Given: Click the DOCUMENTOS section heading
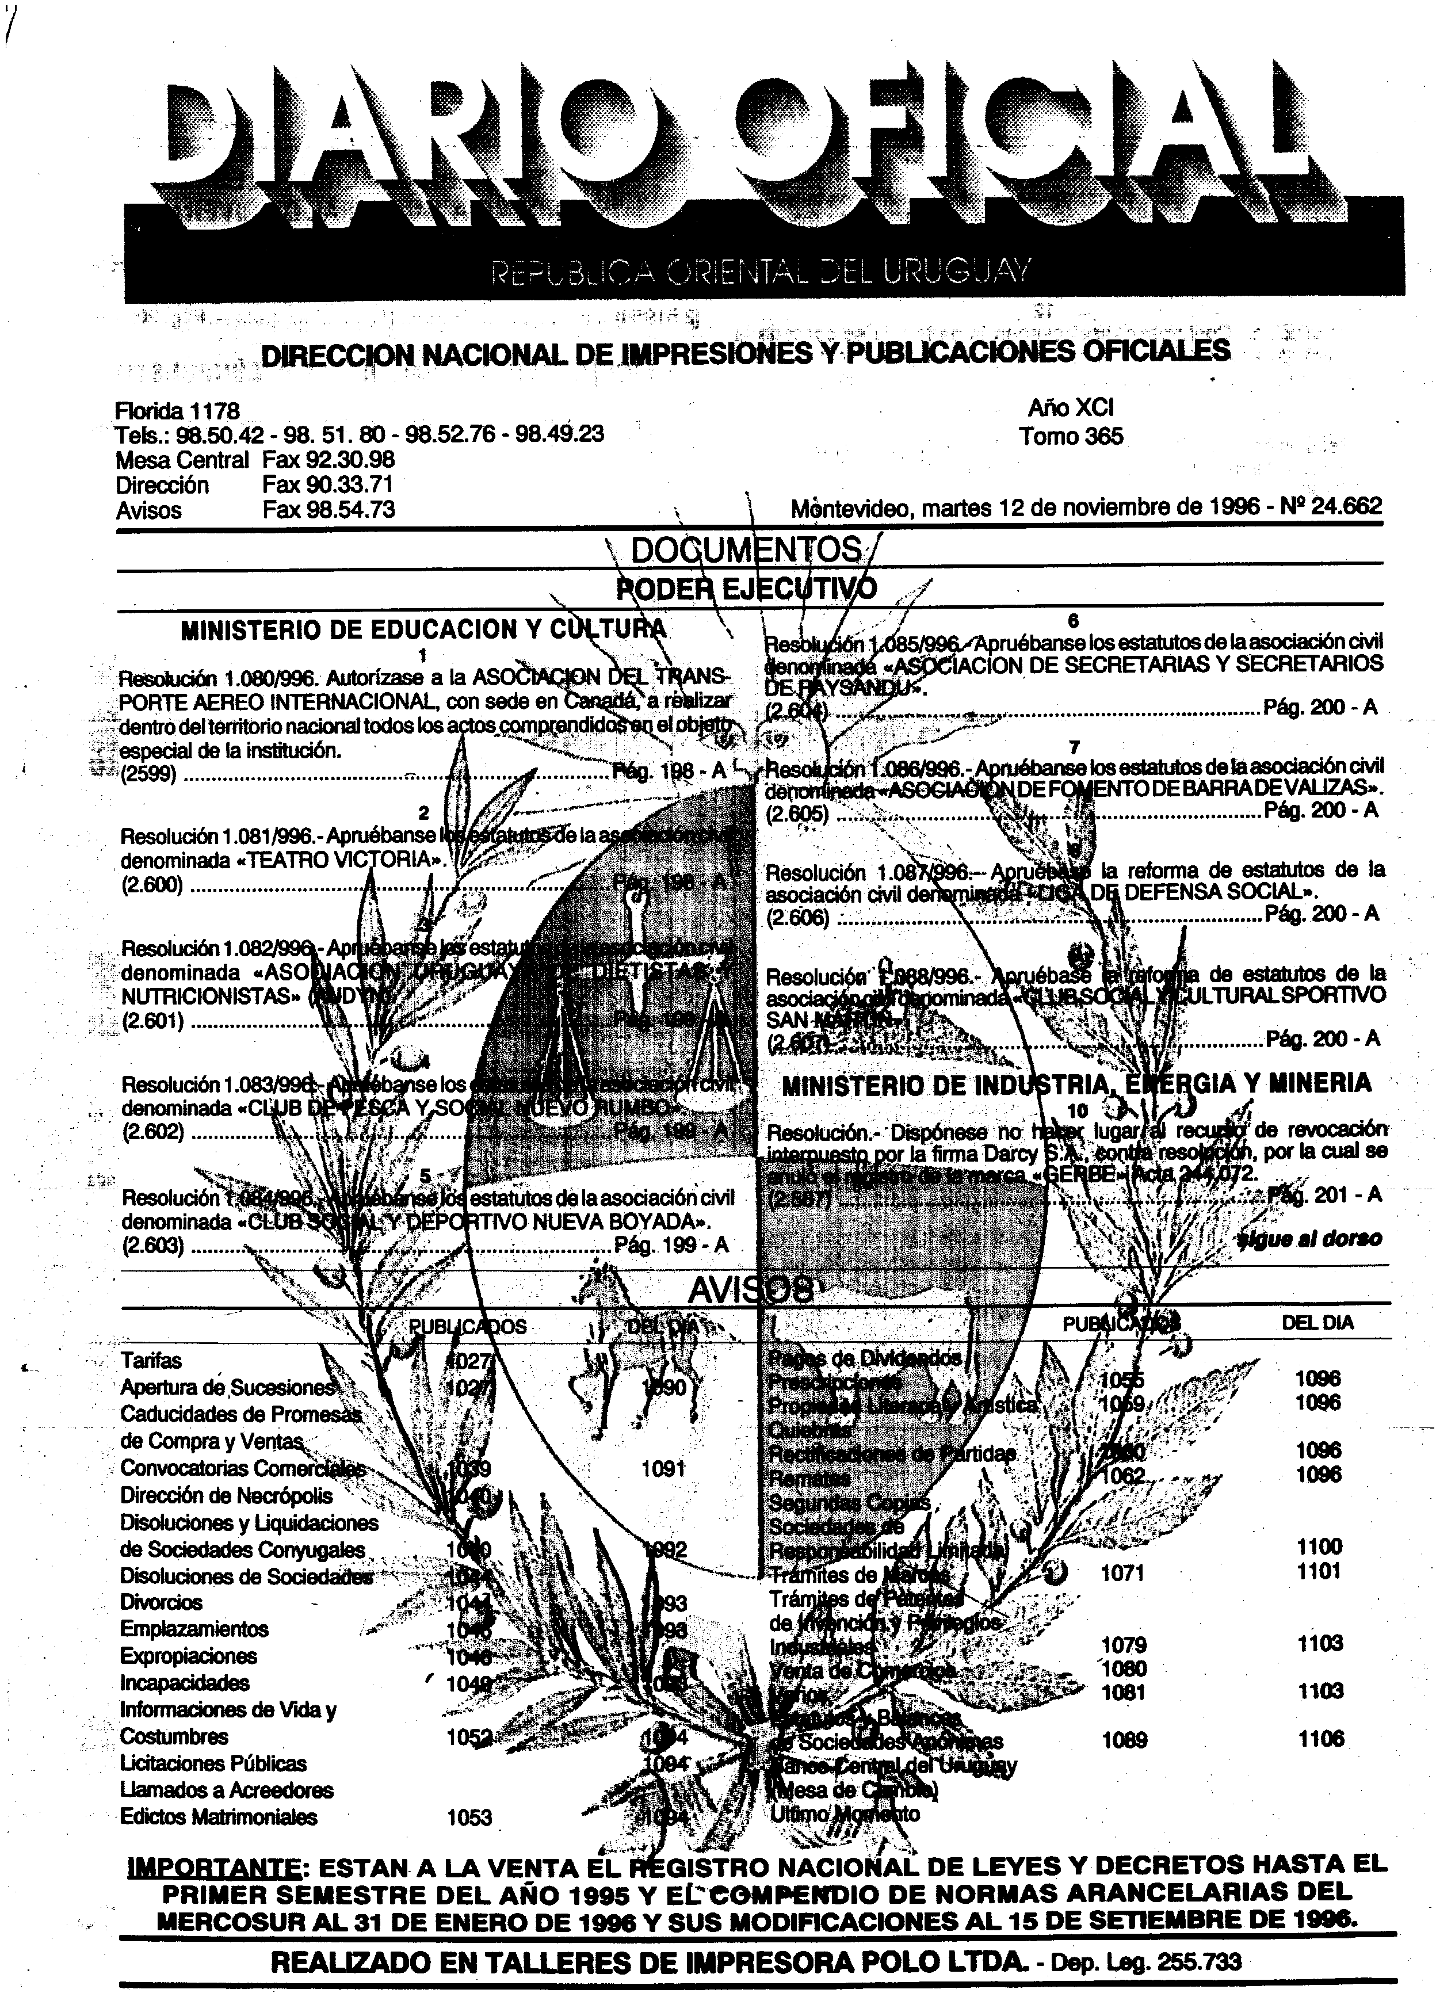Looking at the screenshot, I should [747, 550].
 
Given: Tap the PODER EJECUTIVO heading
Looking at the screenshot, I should [747, 588].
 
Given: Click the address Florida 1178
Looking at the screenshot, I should [177, 411].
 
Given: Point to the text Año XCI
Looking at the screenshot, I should [1070, 407].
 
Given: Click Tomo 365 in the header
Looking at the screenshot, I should [1070, 436].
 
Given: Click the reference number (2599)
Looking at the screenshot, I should [148, 774].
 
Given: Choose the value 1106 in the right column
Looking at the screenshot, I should [1320, 1739].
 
